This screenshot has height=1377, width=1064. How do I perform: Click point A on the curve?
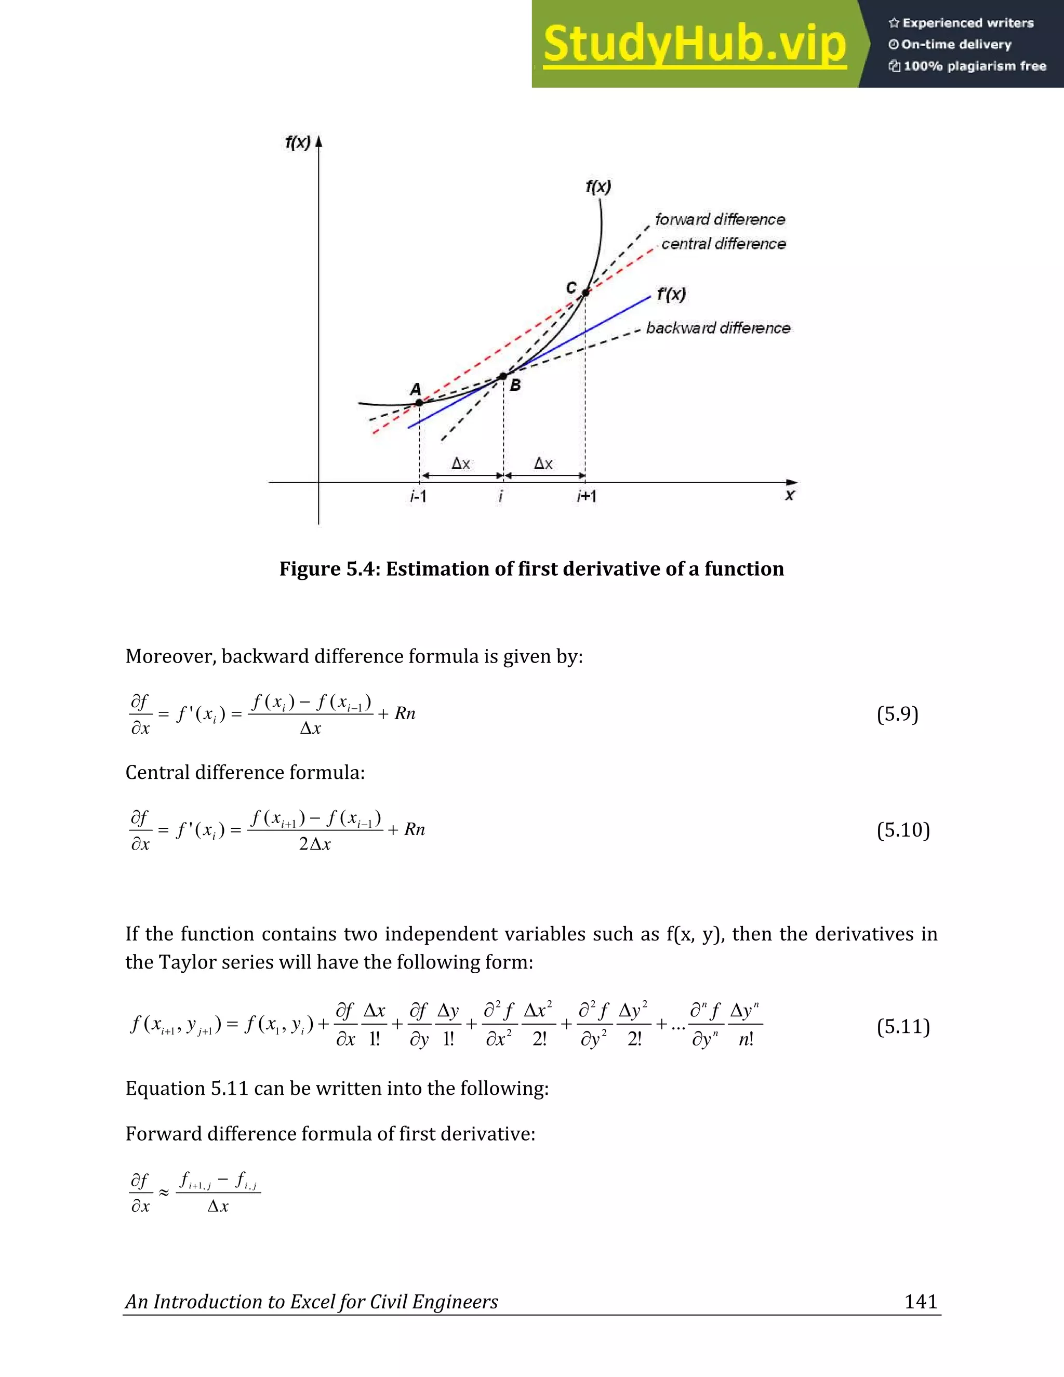point(419,402)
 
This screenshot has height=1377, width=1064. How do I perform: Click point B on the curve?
point(503,376)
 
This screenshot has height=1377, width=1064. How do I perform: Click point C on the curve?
point(586,293)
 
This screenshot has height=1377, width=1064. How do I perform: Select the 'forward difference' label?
point(720,219)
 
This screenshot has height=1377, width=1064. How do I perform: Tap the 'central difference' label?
point(723,244)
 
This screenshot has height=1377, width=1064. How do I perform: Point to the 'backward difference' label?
point(718,328)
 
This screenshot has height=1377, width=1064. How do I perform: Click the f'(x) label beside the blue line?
point(671,295)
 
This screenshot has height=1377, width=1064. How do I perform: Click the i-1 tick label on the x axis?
point(418,497)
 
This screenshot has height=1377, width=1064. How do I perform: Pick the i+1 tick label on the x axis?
point(586,497)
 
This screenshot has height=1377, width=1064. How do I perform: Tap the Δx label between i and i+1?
point(543,464)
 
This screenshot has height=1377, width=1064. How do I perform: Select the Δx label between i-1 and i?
point(461,464)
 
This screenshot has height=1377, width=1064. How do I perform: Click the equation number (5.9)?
point(897,714)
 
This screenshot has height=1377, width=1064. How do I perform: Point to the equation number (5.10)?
point(902,830)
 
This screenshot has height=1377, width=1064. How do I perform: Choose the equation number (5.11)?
point(902,1026)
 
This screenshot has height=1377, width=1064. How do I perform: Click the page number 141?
point(920,1301)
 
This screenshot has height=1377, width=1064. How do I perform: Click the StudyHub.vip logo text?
point(694,44)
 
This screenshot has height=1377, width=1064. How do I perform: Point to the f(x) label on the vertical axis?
point(298,142)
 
